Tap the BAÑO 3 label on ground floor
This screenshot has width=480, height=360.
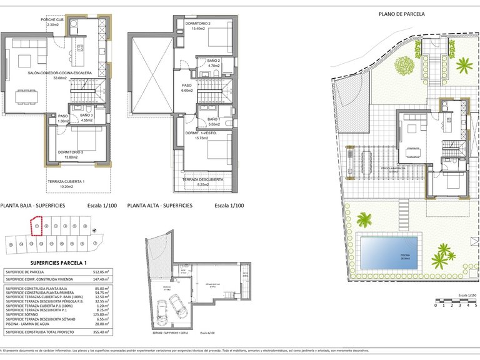click(86, 116)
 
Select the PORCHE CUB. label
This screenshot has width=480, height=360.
click(53, 20)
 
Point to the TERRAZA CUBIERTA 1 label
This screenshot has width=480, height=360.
click(66, 182)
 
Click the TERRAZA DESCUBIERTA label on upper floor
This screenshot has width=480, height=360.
click(202, 179)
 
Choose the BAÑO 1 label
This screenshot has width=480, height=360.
click(212, 119)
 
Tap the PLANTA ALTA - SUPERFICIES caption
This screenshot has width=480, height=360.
click(159, 205)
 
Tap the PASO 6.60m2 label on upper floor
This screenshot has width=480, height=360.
click(187, 87)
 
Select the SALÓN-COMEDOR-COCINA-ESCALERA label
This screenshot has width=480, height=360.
click(60, 74)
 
